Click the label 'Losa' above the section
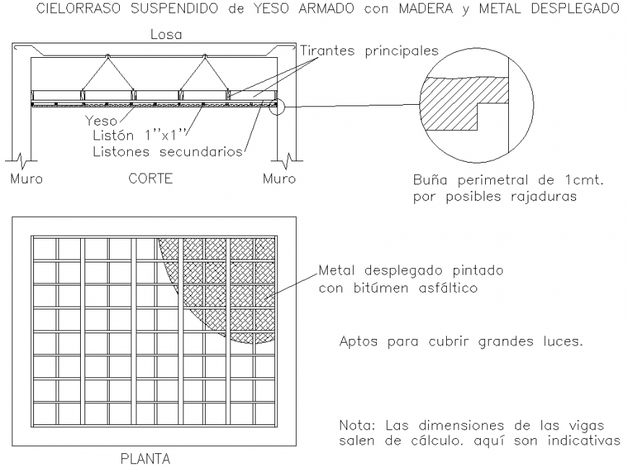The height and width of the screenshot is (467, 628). (166, 35)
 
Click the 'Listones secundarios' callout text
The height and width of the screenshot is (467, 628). (167, 151)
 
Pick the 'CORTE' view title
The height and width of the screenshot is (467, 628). (150, 179)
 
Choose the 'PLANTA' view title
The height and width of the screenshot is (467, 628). (145, 458)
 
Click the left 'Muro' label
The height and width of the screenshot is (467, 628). (26, 179)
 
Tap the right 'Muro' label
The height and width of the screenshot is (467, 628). (279, 179)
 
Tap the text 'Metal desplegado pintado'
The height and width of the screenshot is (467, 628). (411, 272)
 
